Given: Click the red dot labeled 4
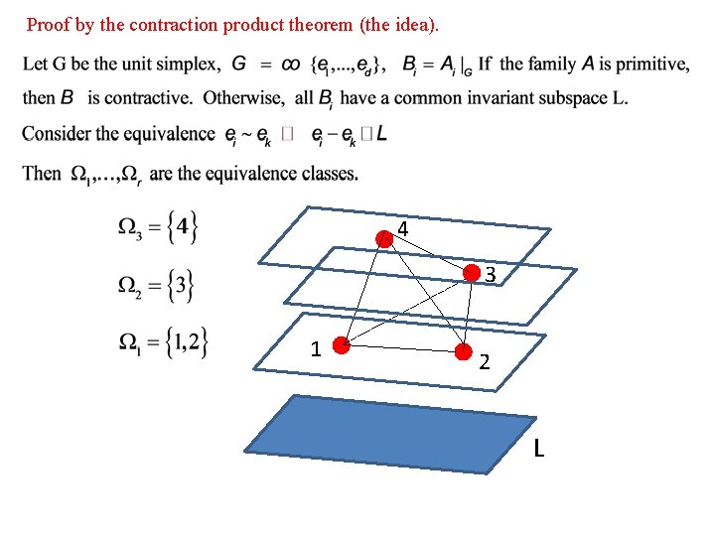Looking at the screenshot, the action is pos(385,238).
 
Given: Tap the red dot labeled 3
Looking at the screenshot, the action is pos(474,275).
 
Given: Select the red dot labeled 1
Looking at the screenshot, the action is pos(341,346).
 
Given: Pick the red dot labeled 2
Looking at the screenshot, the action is pos(463,351).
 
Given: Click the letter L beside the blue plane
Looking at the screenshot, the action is pos(538,450).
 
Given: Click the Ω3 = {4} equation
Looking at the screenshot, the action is pos(159,228).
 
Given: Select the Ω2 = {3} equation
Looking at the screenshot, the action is pos(156,286).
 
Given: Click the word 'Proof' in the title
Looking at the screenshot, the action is pos(46,22).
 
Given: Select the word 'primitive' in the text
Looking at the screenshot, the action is pos(649,65).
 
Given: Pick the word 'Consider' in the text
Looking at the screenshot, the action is pos(56,134).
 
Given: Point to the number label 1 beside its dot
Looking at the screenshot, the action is pos(315,349).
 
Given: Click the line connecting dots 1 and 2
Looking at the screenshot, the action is pos(401,348).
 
